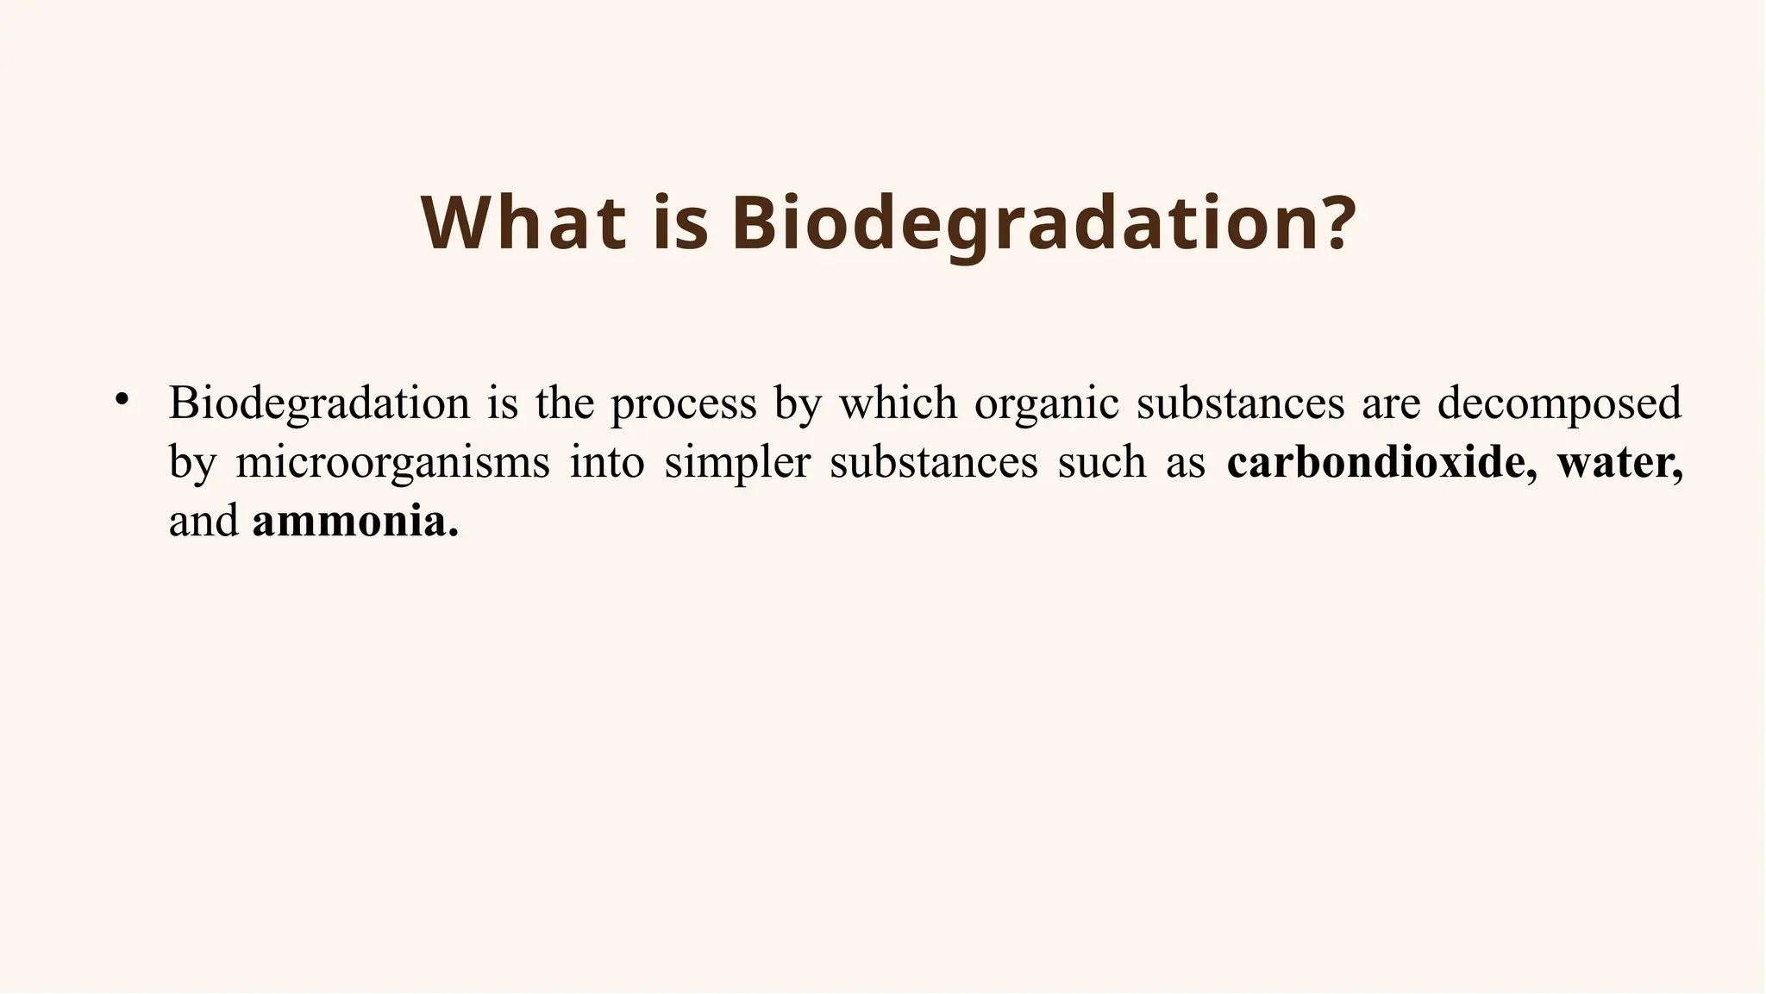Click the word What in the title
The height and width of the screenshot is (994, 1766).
[x=523, y=223]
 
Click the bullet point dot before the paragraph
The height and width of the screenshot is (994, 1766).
[x=122, y=399]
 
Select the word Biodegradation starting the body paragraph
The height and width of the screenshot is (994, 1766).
[x=319, y=403]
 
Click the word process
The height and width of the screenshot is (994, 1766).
[x=683, y=403]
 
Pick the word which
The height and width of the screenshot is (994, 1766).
[x=898, y=403]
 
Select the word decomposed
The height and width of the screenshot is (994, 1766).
[x=1559, y=403]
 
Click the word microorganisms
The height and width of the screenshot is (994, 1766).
[x=392, y=463]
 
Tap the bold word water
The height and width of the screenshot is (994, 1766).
[x=1618, y=463]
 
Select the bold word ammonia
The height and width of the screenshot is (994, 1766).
[x=354, y=522]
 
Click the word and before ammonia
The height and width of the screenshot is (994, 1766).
[x=204, y=522]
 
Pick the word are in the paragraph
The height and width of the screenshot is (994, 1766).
[x=1391, y=403]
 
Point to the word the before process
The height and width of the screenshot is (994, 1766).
[x=565, y=403]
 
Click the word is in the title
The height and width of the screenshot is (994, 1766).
[x=680, y=223]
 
